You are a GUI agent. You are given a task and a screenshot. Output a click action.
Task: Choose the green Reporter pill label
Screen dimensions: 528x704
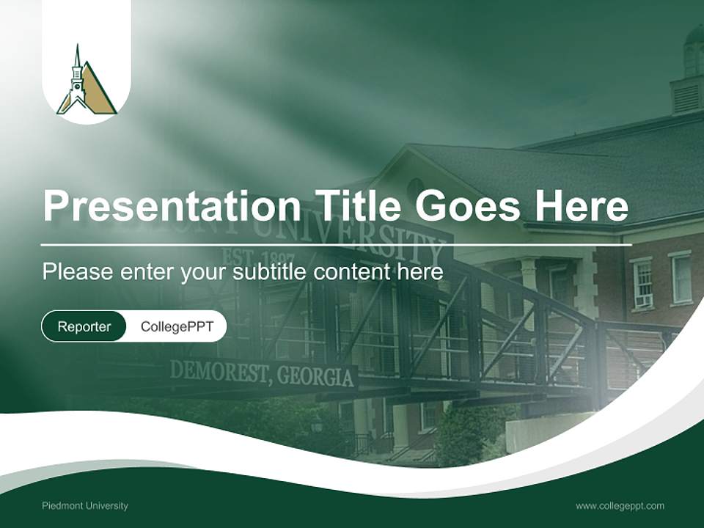coord(84,327)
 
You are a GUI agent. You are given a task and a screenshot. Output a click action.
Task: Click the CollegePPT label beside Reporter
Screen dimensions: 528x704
coord(176,327)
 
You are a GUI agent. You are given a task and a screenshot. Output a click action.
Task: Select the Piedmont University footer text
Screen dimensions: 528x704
coord(85,506)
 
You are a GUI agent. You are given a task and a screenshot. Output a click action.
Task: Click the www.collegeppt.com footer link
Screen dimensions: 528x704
coord(620,506)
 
